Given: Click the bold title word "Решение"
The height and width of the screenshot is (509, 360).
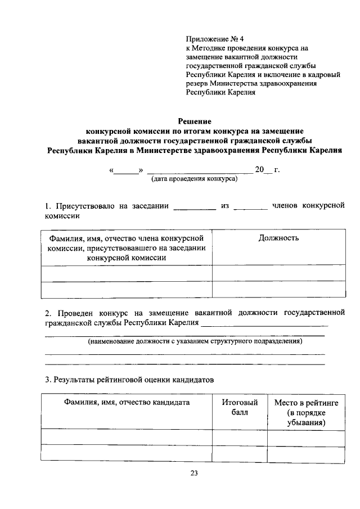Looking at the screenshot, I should point(195,121).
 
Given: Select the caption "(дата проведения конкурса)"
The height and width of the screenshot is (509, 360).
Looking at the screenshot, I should point(194,179).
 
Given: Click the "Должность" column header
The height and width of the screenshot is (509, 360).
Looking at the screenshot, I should point(278,238).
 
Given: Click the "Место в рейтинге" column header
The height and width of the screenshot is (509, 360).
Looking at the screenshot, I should point(305,403).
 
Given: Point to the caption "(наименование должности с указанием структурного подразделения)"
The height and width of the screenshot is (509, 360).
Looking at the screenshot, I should point(194,341).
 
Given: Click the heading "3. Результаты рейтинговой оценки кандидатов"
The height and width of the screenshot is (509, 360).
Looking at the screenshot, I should point(129,380).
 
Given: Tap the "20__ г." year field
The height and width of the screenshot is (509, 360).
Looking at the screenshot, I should point(268,170).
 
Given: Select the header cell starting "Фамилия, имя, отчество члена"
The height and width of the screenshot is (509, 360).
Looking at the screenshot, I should point(127,247).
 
